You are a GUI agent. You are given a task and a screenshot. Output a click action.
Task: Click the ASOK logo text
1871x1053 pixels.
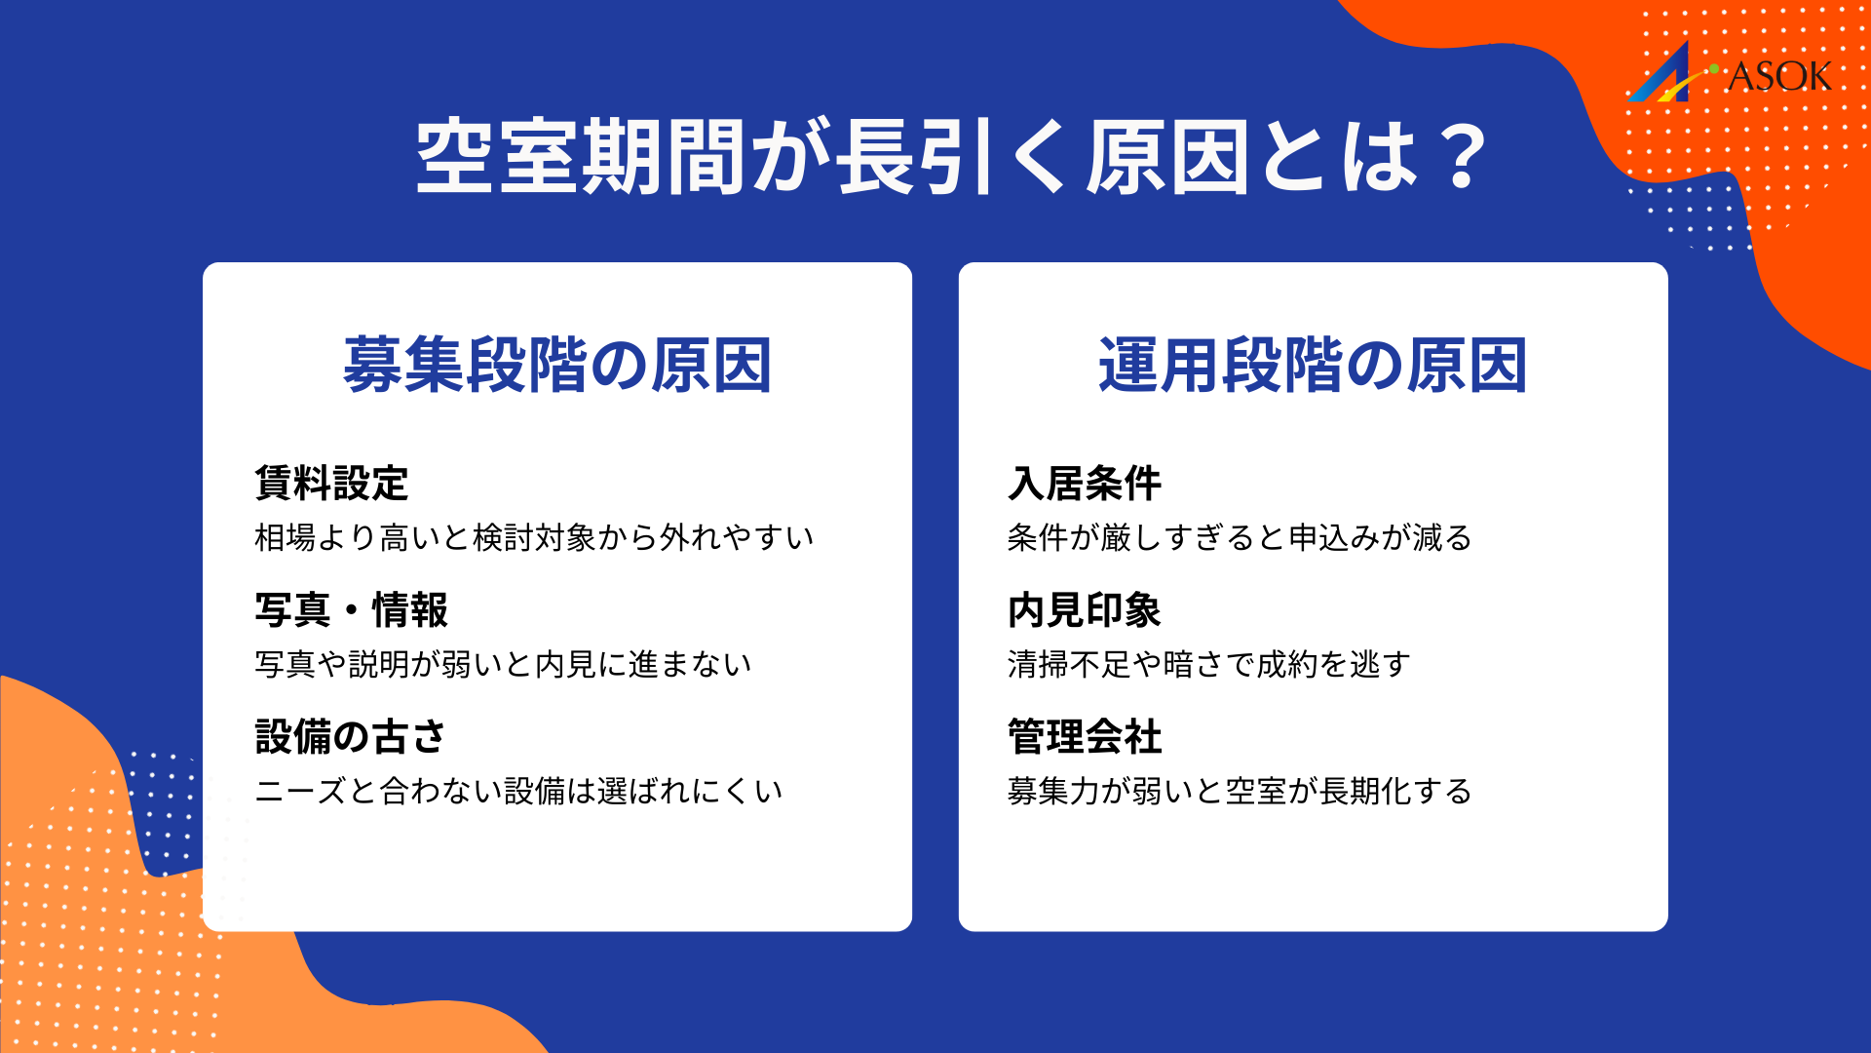tap(1779, 77)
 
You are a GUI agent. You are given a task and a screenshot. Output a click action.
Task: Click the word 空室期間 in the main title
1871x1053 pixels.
tap(581, 156)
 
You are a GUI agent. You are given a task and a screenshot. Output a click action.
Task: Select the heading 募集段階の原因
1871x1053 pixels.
tap(557, 366)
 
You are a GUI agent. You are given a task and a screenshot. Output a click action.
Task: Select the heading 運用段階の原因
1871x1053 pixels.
tap(1313, 366)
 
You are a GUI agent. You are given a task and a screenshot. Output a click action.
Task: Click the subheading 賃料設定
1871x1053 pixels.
tap(331, 483)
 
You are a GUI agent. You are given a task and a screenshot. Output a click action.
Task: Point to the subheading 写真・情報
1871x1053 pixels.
tap(351, 610)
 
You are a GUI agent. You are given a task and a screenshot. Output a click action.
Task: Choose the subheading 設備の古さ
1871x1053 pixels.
tap(350, 737)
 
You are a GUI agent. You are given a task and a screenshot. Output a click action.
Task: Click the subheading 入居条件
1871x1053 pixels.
tap(1085, 483)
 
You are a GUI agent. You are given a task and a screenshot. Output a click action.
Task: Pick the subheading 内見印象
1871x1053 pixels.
tap(1085, 610)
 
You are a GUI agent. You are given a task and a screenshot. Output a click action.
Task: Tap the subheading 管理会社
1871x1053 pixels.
tap(1085, 737)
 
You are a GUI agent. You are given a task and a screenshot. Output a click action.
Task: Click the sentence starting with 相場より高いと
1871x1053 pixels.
tap(534, 537)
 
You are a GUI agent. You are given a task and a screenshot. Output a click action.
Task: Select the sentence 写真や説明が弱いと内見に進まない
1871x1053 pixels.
tap(503, 664)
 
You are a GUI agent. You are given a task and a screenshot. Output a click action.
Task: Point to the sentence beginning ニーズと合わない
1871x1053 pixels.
tap(518, 791)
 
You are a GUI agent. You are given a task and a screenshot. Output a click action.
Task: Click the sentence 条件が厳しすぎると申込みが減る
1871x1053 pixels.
tap(1240, 537)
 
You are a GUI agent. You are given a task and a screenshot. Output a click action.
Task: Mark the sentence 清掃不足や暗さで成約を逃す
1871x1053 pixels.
tap(1208, 664)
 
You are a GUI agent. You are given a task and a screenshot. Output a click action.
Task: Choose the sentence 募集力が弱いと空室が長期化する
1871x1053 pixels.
tap(1240, 791)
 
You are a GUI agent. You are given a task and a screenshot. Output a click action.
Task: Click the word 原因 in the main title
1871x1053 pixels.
tap(1167, 156)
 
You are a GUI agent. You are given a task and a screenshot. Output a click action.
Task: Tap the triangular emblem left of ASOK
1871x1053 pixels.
tap(1664, 76)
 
